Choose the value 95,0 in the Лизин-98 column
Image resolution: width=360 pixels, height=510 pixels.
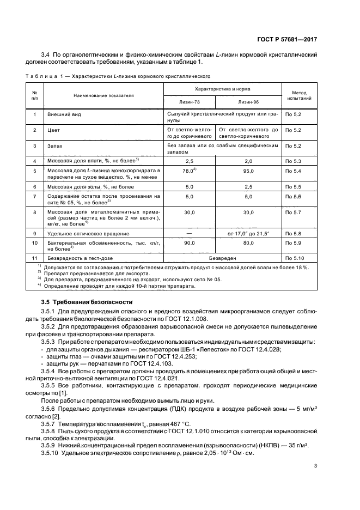point(248,171)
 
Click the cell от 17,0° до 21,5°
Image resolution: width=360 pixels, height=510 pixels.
point(248,233)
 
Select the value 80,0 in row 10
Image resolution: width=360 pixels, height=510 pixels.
point(248,242)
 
